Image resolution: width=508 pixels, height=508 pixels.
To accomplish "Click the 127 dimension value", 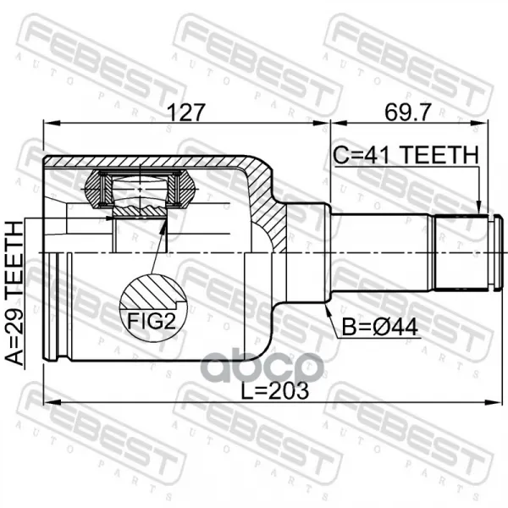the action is [x=185, y=112].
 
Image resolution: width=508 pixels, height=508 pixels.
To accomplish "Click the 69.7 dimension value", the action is [x=408, y=112].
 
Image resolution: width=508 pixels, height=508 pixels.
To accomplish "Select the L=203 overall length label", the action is [x=274, y=390].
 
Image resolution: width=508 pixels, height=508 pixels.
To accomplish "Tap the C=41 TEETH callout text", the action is [x=406, y=155].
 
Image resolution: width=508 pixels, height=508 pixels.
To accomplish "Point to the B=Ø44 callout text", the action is [x=380, y=327].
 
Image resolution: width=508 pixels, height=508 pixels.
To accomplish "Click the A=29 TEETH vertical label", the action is [x=15, y=293].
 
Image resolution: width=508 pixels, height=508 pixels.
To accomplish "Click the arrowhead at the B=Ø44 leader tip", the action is [x=328, y=309].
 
